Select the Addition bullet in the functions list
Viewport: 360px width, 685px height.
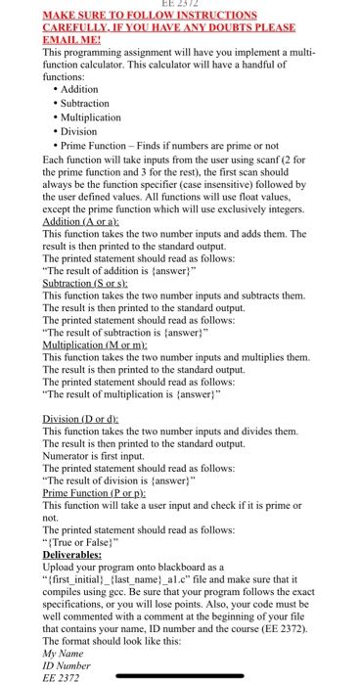pyautogui.click(x=77, y=89)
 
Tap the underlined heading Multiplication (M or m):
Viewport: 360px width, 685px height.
pyautogui.click(x=93, y=343)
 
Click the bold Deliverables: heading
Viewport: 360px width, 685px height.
pyautogui.click(x=72, y=554)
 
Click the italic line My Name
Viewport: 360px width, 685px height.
pyautogui.click(x=65, y=651)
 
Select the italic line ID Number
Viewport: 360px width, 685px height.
pyautogui.click(x=67, y=663)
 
